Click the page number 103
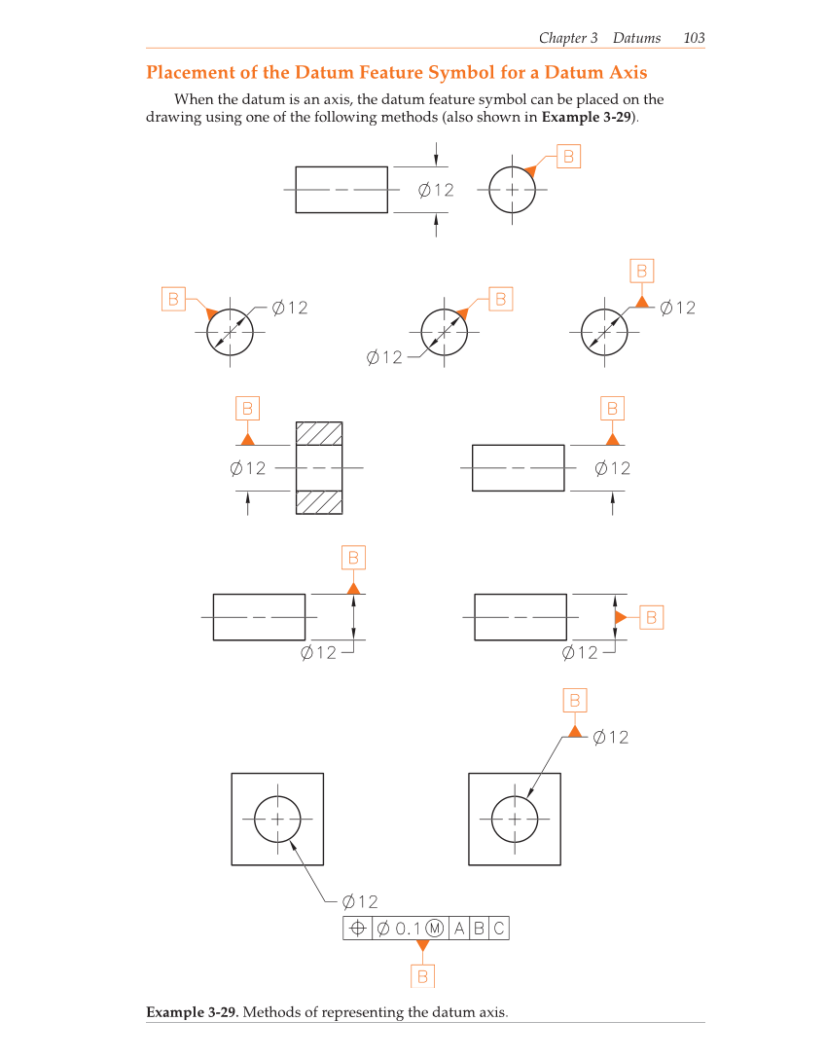pos(694,38)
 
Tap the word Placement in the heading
pos(192,73)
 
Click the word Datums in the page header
pos(636,38)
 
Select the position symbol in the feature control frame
pos(357,929)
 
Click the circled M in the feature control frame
pos(435,929)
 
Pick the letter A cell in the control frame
pos(459,929)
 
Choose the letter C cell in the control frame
pos(498,929)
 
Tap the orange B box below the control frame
pos(422,975)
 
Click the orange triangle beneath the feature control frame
pos(422,945)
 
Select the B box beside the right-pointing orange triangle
pos(651,617)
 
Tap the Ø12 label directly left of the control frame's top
pos(360,902)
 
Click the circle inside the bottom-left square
pos(277,819)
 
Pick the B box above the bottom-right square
pos(575,700)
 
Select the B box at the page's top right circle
pos(568,156)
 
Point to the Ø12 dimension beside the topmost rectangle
pos(436,190)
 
